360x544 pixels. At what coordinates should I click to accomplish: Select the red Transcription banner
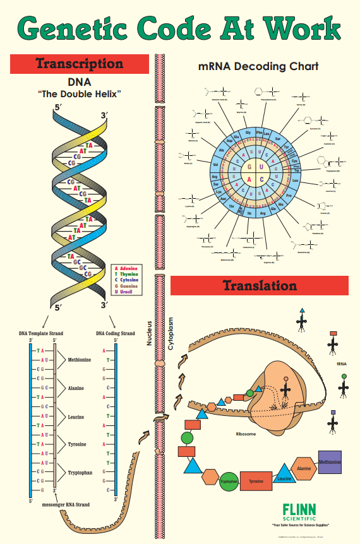pos(80,64)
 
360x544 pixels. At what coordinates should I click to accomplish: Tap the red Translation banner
pos(259,285)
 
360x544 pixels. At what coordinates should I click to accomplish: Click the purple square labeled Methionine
pos(330,463)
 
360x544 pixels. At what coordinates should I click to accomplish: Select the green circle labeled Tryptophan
pos(229,482)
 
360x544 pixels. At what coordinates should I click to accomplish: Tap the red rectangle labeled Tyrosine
pos(256,481)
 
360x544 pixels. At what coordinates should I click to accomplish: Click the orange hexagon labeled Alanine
pos(304,469)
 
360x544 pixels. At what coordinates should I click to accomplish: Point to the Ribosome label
pos(246,434)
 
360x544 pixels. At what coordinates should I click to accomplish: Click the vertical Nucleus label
pos(149,332)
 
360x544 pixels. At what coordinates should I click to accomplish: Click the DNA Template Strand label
pos(41,333)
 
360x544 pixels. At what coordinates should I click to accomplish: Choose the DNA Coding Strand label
pos(115,333)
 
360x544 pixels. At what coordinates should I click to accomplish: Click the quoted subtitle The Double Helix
pos(80,94)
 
